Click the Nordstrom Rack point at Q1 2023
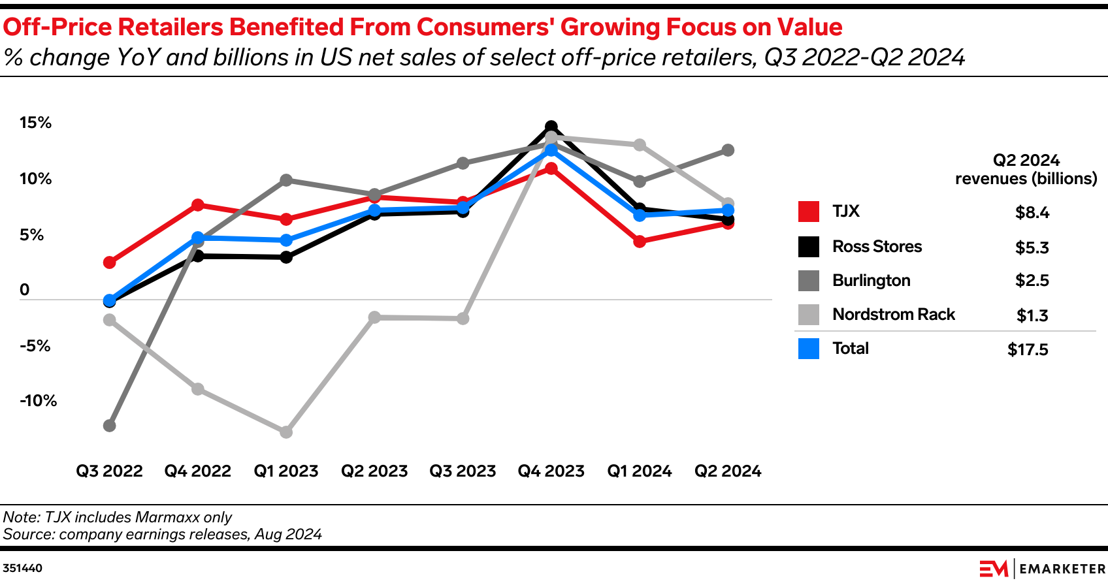click(x=286, y=432)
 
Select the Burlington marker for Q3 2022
click(x=110, y=426)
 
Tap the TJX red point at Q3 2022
click(x=110, y=262)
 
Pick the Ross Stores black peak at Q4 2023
click(x=551, y=127)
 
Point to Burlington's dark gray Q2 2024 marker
click(x=728, y=150)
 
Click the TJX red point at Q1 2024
click(x=640, y=242)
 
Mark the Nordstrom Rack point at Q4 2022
click(x=198, y=389)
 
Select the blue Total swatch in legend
click(x=809, y=349)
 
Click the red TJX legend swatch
click(x=809, y=212)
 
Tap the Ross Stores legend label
click(x=877, y=247)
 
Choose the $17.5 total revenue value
click(x=1028, y=350)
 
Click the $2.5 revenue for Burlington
click(x=1032, y=281)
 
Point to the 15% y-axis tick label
click(x=35, y=123)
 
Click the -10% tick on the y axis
click(x=38, y=401)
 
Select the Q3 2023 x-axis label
click(x=463, y=471)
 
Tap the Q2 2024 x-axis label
click(x=728, y=471)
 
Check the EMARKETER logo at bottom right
click(x=1043, y=569)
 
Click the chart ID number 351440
click(x=23, y=569)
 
